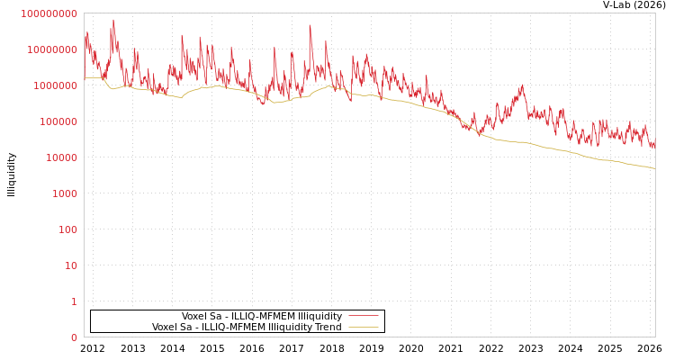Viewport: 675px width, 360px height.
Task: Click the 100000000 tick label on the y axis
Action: (49, 13)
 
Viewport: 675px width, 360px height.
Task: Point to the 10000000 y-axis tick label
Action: (52, 49)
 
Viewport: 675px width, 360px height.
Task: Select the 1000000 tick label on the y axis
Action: (55, 85)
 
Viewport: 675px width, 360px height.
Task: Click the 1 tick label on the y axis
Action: (74, 301)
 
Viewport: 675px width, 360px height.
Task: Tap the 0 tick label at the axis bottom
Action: (74, 337)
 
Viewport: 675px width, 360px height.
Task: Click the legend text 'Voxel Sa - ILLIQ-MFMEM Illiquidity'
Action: (262, 317)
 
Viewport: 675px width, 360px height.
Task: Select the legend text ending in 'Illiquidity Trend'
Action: (247, 328)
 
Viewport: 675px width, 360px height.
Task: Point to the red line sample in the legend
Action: (363, 317)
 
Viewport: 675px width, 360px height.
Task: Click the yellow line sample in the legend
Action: (363, 328)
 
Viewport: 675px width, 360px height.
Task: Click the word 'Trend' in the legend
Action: (327, 328)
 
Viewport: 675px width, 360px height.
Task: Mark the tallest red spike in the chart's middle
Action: (310, 25)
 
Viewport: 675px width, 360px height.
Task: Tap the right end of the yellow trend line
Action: (654, 168)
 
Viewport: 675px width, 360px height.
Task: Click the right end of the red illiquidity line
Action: (654, 141)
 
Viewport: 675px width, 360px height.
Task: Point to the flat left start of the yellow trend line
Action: (93, 77)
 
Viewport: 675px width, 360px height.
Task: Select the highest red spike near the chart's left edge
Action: (113, 20)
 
